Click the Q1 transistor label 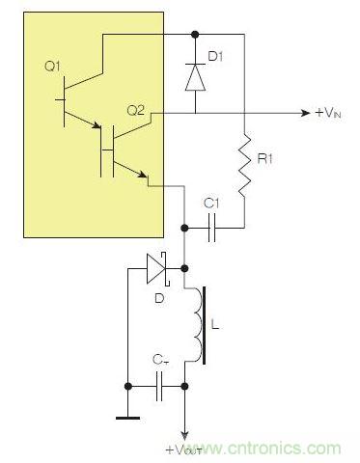click(52, 67)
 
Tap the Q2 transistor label click(135, 111)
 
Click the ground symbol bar click(126, 418)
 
